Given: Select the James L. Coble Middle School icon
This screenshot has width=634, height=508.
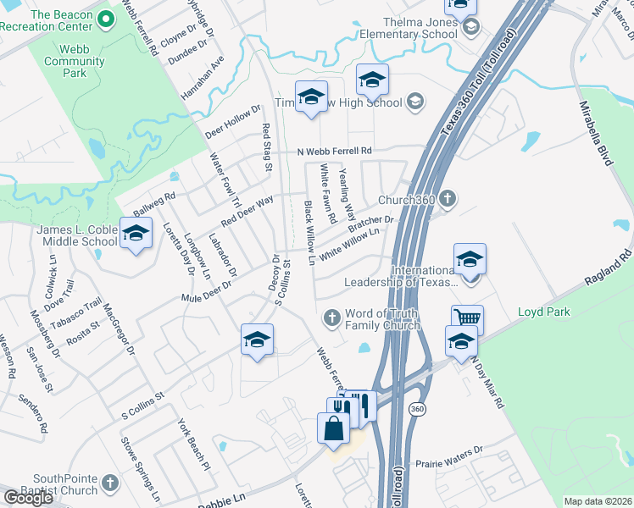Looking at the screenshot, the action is (x=135, y=235).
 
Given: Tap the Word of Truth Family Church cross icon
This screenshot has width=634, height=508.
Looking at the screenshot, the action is (x=332, y=318).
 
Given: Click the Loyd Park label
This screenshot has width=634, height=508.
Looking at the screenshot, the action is (x=544, y=312).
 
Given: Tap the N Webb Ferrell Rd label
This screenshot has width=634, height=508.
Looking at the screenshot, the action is (x=335, y=152).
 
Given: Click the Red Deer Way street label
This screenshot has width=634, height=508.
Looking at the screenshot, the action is (x=247, y=210).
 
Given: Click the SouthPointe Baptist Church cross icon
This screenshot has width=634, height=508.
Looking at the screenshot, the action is (x=109, y=484).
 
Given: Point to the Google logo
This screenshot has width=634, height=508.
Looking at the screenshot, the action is (x=28, y=498).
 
